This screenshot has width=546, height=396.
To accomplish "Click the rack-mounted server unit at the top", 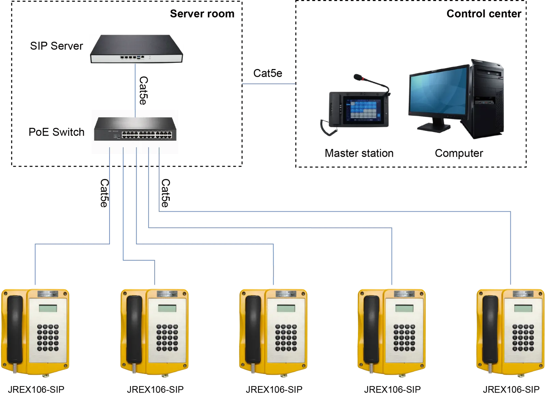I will [136, 49].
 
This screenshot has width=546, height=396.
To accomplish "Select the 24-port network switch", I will [134, 129].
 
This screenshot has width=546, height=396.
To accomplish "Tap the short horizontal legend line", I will [268, 83].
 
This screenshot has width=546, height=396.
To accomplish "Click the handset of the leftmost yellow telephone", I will [15, 330].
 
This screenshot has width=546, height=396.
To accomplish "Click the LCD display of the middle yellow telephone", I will [285, 308].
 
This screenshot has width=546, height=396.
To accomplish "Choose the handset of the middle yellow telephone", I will [253, 330].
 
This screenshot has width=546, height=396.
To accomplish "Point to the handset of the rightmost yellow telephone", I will [490, 330].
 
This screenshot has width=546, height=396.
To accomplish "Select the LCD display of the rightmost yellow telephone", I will [523, 308].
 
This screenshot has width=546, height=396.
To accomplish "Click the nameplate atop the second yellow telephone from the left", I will [167, 294].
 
